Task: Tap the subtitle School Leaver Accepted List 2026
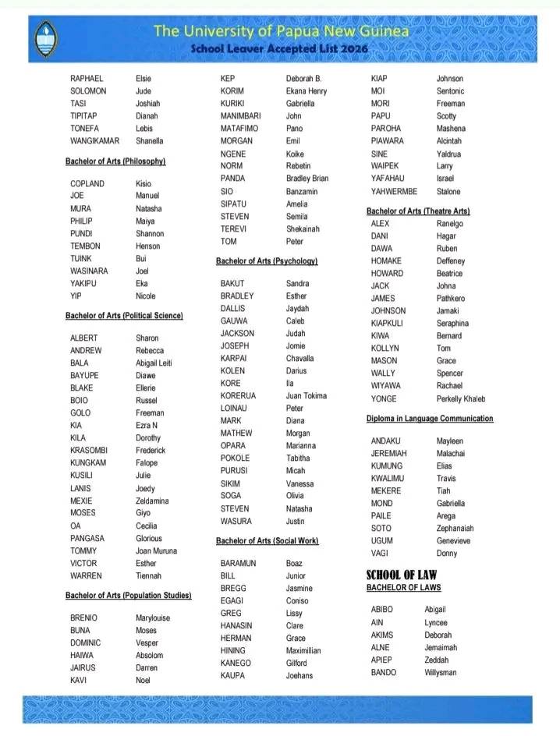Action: coord(280,48)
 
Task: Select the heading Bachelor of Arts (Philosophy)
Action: coord(115,161)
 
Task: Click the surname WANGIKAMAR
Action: coord(94,141)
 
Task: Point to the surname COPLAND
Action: coord(87,183)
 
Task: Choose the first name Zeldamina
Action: coord(152,501)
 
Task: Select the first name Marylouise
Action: coord(153,618)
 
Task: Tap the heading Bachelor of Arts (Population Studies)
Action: coord(129,596)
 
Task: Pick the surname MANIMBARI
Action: coord(240,116)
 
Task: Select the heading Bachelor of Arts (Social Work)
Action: coord(267,541)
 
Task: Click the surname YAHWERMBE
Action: coord(394,192)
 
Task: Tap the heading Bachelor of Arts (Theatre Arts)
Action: coord(418,211)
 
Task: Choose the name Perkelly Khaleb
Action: coord(461,399)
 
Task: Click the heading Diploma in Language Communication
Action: coord(430,419)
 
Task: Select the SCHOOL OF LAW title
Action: coord(402,576)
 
